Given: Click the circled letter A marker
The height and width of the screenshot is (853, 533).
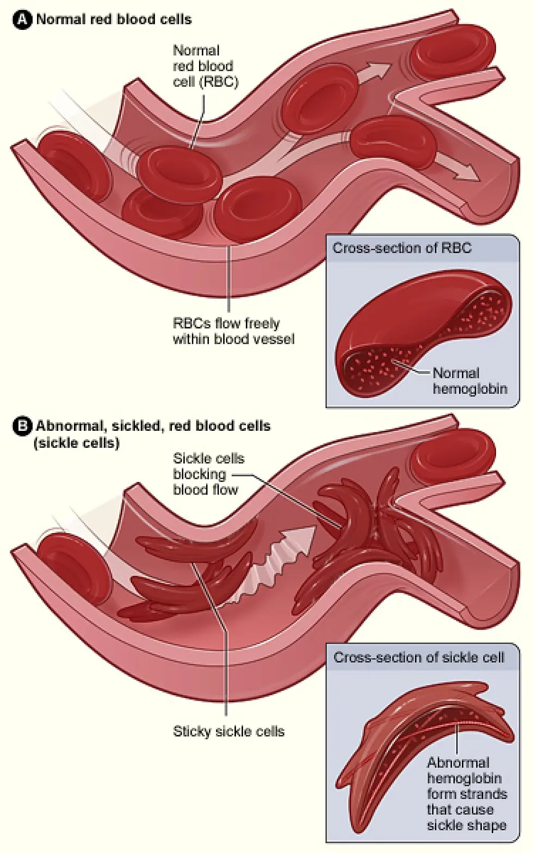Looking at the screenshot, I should point(22,20).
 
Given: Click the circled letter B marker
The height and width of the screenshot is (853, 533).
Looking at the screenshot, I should point(22,426).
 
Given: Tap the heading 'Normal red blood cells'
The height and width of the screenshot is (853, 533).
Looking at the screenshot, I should point(114,20).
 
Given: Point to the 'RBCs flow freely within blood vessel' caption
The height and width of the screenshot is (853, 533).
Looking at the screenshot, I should point(233,331).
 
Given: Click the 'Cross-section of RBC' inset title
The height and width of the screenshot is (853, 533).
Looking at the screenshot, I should point(402,249).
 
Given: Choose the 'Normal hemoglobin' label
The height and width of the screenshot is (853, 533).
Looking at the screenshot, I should point(469,381).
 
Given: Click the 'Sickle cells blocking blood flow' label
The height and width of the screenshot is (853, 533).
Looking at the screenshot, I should point(208,474).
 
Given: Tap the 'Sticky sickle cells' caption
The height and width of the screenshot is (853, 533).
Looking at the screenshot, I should point(228,731).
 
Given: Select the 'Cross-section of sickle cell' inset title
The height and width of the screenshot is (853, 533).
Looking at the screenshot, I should point(418,657).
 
